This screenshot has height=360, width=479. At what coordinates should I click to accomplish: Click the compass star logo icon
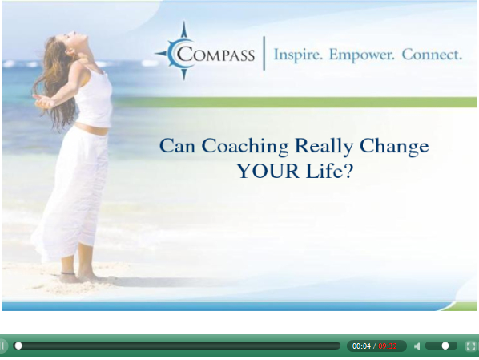click(x=183, y=51)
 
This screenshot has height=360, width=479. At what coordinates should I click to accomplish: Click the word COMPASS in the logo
click(x=215, y=55)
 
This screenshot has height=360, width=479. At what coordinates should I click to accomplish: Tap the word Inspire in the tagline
click(x=298, y=55)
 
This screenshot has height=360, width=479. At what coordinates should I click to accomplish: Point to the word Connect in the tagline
click(x=432, y=55)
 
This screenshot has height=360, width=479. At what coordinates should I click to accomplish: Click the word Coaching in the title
click(x=244, y=146)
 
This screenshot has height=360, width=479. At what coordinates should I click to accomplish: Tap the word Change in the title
click(x=394, y=146)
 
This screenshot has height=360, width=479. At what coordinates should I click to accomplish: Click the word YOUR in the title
click(x=268, y=171)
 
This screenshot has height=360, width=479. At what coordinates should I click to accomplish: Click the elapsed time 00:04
click(x=361, y=346)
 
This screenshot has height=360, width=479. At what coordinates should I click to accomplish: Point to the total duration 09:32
click(x=388, y=346)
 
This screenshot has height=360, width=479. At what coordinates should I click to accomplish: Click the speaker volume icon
click(x=417, y=346)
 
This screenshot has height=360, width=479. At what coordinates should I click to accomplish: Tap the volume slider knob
click(x=445, y=346)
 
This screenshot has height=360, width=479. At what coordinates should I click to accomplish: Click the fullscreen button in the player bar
click(x=471, y=346)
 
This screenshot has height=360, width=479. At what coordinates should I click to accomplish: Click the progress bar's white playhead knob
click(x=18, y=346)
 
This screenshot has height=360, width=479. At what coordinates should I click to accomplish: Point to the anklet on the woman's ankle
click(x=67, y=273)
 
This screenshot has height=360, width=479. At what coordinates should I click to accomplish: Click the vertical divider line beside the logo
click(x=264, y=53)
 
